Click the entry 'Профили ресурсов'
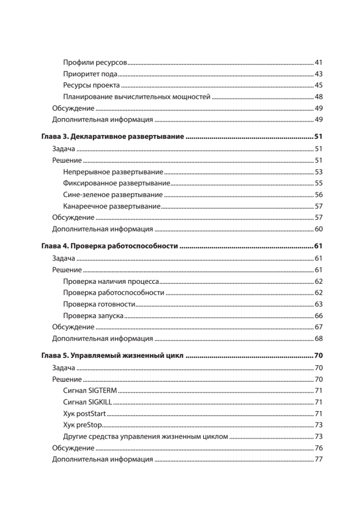coord(95,63)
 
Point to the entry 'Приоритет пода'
coord(90,74)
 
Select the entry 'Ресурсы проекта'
coord(91,86)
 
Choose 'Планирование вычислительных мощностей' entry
coord(137,97)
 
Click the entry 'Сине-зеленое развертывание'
coord(113,195)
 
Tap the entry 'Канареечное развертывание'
coord(112,207)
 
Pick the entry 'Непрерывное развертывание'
coord(113,172)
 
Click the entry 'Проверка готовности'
coord(99,304)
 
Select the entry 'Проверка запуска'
coord(93,316)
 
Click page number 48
coord(319,97)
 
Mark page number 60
coord(319,229)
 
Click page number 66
coord(319,316)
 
